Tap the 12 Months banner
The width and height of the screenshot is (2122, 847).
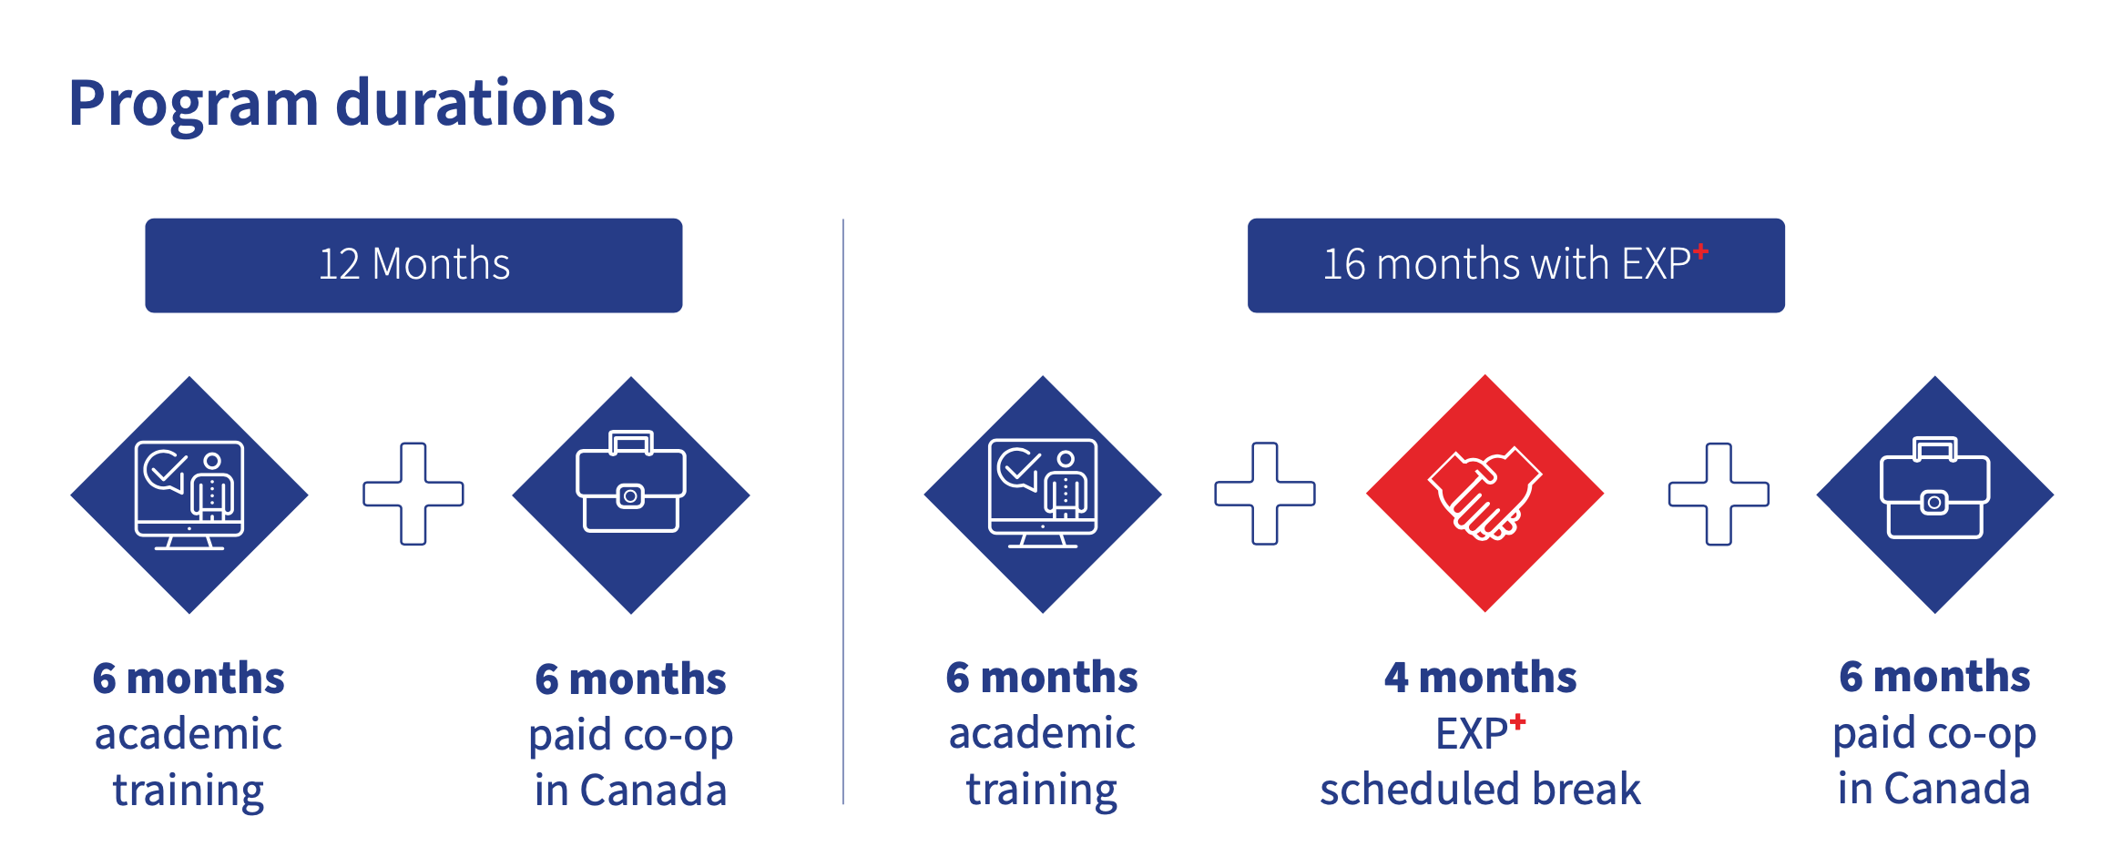point(413,265)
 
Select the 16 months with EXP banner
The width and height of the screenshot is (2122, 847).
point(1515,265)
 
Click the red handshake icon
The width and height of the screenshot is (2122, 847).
point(1484,493)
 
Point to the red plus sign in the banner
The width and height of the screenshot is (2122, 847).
point(1700,251)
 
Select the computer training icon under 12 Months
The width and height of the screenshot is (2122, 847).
point(189,495)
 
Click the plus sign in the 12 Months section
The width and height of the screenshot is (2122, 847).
point(413,494)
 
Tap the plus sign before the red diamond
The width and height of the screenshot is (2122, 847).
point(1265,494)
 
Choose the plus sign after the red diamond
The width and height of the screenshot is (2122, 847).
point(1719,494)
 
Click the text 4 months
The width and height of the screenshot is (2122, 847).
point(1480,678)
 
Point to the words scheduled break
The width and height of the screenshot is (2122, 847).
point(1480,789)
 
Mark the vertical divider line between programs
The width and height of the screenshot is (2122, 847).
point(843,511)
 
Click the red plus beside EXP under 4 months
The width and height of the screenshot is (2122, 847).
point(1517,722)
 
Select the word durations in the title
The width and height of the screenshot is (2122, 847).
point(475,103)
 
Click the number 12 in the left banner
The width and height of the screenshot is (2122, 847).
point(339,264)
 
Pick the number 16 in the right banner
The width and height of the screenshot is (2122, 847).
point(1344,264)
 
